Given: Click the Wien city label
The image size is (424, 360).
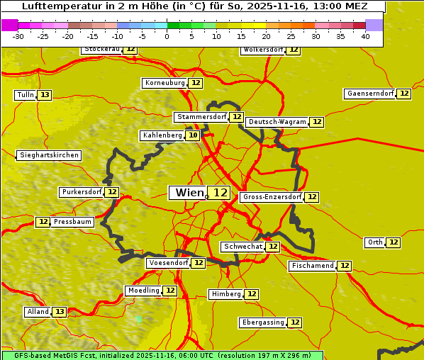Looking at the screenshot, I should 188,193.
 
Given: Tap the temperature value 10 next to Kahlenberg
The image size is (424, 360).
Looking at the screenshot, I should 193,135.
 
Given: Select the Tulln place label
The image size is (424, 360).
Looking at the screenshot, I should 25,95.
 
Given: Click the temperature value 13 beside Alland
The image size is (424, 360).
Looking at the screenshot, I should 60,312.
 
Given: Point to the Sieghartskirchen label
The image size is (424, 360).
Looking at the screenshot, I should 49,155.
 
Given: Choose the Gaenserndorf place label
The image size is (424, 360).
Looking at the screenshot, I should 369,94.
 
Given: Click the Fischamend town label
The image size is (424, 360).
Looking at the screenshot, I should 312,266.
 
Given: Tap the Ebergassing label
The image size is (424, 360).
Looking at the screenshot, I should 262,322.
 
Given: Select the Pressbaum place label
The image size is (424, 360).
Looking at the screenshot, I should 72,222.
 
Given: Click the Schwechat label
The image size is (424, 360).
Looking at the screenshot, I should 242,247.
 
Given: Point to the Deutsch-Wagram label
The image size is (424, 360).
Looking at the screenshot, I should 277,122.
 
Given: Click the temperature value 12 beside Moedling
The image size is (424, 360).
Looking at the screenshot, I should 170,291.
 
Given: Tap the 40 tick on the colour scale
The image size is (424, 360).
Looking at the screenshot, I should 365,37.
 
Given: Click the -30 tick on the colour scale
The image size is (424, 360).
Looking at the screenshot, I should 18,37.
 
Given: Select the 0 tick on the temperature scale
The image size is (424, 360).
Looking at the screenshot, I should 167,37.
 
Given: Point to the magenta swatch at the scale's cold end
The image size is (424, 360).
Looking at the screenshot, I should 10,25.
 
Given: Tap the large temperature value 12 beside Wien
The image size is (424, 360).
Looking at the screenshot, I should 221,193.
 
